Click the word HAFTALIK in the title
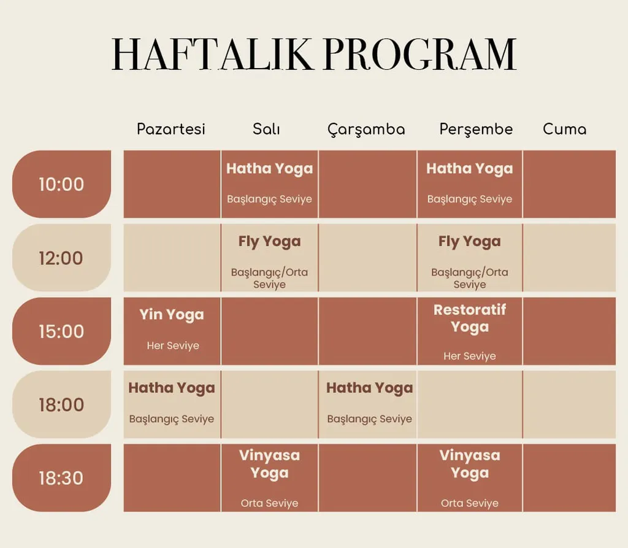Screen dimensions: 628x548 [212, 55]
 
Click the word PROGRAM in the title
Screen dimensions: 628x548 [420, 55]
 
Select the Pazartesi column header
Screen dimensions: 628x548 [171, 129]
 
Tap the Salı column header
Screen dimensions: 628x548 [266, 129]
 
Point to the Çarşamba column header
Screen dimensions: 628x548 [367, 129]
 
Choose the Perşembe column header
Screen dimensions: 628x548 [476, 129]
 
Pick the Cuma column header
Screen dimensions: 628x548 [565, 129]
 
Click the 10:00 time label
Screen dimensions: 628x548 [61, 184]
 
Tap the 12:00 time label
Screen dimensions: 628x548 [61, 258]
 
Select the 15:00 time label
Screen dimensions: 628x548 [61, 331]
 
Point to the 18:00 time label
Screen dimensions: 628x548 [61, 404]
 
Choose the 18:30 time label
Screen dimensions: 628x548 [61, 478]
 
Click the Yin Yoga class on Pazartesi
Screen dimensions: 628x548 [172, 315]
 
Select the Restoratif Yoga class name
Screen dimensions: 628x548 [470, 318]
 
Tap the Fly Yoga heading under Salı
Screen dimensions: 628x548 [270, 242]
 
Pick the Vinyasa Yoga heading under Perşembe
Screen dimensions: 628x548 [470, 464]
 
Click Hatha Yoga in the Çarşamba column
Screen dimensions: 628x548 [370, 388]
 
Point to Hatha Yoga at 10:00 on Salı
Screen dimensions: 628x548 [270, 169]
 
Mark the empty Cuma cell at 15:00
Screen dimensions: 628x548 [569, 331]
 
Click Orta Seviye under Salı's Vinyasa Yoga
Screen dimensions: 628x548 [270, 503]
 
